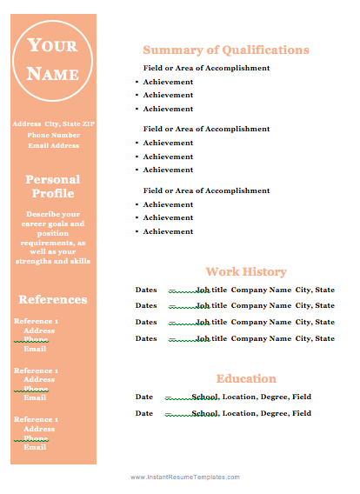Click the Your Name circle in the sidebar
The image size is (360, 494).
(x=52, y=60)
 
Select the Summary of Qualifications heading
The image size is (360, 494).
(x=225, y=50)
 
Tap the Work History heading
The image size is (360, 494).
(x=246, y=271)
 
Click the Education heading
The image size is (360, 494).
(x=246, y=378)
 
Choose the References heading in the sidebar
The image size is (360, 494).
(x=53, y=299)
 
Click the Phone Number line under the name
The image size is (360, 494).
(x=53, y=135)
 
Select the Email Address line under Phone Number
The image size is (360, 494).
(x=53, y=145)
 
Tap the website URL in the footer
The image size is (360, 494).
(x=184, y=477)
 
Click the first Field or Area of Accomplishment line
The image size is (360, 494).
(x=206, y=68)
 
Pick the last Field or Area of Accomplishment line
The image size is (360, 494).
(x=206, y=190)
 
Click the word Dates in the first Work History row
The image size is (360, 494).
(x=146, y=290)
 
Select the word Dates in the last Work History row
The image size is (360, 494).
(x=146, y=338)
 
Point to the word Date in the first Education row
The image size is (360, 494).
(x=144, y=397)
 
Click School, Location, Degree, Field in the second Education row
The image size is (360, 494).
(x=250, y=413)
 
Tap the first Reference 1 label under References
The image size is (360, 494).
(x=37, y=321)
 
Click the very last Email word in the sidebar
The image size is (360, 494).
(x=35, y=447)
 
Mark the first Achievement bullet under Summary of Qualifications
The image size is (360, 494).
(x=168, y=82)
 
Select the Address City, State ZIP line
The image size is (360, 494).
(x=53, y=124)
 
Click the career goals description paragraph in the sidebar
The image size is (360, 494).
(x=53, y=237)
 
